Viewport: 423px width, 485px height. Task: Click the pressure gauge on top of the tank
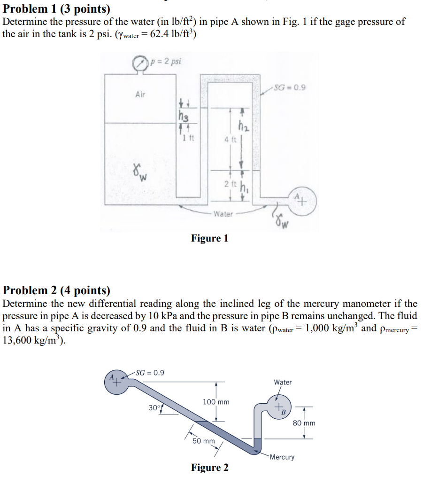(139, 63)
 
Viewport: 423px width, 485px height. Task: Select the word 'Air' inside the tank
(140, 94)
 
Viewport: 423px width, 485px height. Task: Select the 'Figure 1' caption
(209, 238)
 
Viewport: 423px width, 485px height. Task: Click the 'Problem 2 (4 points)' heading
(57, 290)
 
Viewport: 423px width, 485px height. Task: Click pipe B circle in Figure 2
(279, 407)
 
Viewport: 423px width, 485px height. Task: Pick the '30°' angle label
(154, 407)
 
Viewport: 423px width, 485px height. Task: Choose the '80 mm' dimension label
(304, 423)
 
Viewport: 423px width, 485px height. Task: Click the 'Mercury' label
(282, 457)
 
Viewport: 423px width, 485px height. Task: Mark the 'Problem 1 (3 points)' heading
(57, 9)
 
